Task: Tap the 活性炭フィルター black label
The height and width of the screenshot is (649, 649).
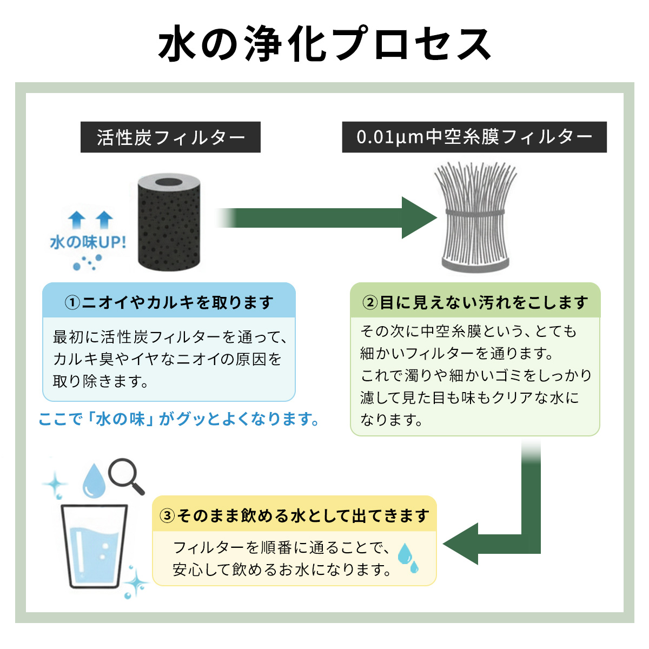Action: click(170, 137)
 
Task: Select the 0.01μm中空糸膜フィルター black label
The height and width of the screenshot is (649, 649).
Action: click(474, 137)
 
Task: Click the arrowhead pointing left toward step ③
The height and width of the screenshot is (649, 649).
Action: click(461, 544)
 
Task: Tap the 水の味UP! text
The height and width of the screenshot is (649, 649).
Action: click(88, 242)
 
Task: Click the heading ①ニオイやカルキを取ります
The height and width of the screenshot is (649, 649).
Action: click(169, 302)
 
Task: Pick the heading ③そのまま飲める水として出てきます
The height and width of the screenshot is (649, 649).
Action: click(295, 515)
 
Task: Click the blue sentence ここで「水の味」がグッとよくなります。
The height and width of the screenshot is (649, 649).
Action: click(179, 419)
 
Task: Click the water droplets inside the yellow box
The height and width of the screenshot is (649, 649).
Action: click(407, 558)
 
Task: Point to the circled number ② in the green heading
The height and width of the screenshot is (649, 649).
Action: click(369, 302)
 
